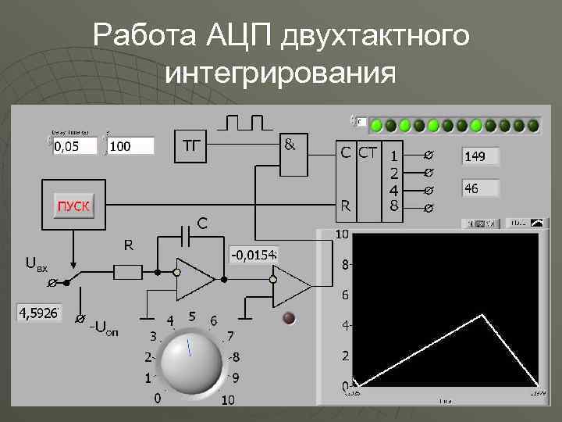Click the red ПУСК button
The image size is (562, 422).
[x=73, y=206]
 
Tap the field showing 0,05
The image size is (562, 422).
[x=74, y=146]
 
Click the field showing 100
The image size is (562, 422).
[x=130, y=146]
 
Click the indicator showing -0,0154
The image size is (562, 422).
[x=254, y=255]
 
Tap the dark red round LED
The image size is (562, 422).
[x=289, y=317]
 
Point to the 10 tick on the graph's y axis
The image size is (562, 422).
[x=342, y=234]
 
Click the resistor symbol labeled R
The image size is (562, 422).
[x=128, y=272]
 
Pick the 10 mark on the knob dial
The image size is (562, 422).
[x=227, y=400]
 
